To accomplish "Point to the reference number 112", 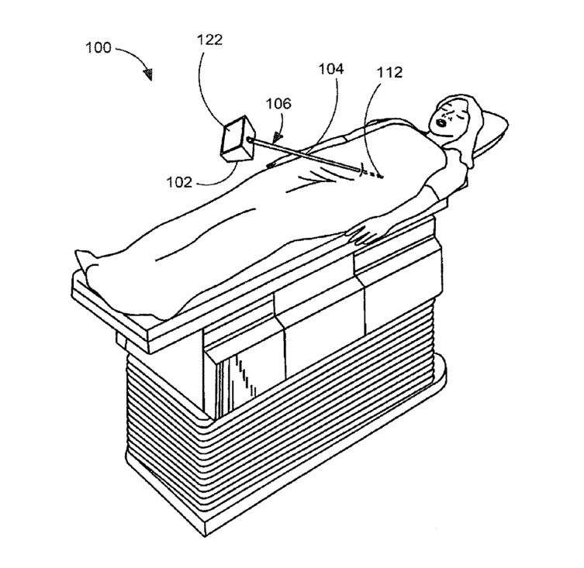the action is click(x=389, y=73).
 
